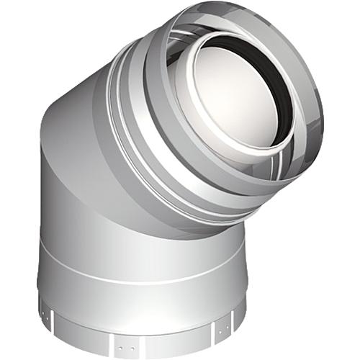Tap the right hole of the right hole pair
228,328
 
